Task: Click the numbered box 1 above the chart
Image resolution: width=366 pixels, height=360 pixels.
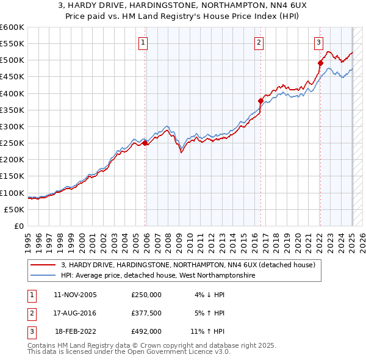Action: [142, 42]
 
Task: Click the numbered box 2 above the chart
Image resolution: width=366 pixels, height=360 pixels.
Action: [259, 42]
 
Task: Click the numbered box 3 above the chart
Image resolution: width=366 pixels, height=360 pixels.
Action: [318, 42]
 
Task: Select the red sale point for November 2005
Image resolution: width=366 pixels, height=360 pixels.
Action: [145, 143]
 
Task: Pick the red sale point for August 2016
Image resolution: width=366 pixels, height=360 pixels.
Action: [260, 101]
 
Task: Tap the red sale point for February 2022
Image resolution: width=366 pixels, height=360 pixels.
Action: [320, 62]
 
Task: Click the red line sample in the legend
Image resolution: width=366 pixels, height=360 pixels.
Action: [43, 265]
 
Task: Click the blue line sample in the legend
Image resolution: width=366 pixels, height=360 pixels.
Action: [43, 275]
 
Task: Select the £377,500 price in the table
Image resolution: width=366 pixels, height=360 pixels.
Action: [146, 313]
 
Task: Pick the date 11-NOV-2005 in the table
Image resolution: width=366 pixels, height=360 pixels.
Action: [76, 294]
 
